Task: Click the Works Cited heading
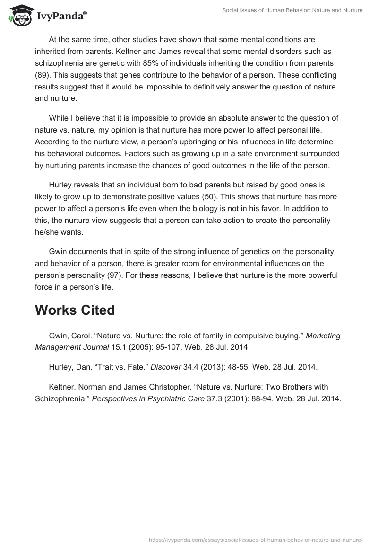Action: [x=75, y=310]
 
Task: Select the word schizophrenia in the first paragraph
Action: [x=57, y=63]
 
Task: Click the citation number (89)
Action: [x=43, y=75]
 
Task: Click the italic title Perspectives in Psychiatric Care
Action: [x=148, y=398]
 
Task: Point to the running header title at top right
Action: [x=292, y=10]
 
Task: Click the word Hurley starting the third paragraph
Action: [x=60, y=185]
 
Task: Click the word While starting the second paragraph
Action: [x=59, y=118]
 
